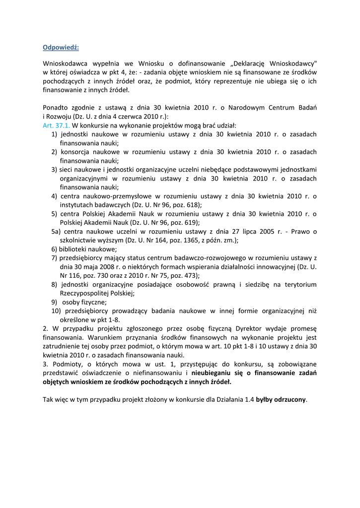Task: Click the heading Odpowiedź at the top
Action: click(x=61, y=48)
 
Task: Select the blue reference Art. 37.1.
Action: click(x=56, y=126)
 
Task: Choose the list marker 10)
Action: click(x=56, y=311)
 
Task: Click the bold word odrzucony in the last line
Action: click(x=291, y=400)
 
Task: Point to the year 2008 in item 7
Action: click(x=101, y=267)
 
